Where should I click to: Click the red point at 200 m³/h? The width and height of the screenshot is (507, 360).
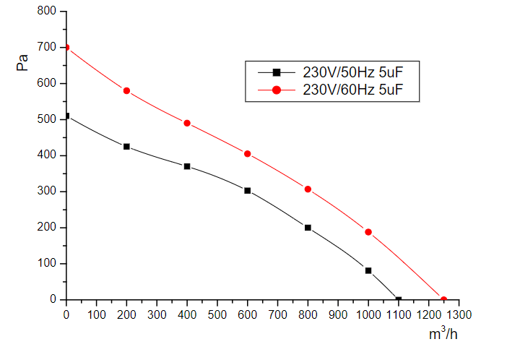pos(126,91)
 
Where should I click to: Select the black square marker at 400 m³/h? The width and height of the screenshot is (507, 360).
pos(187,166)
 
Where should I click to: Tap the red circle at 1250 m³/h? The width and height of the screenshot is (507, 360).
pos(443,299)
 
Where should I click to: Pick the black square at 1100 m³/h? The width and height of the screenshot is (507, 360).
pos(398,299)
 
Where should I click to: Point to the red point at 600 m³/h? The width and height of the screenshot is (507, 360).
pos(247,154)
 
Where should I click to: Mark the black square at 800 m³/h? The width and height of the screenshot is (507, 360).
pos(308,228)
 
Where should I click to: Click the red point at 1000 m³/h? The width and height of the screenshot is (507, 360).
pos(368,232)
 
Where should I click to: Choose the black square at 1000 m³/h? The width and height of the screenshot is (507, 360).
pos(368,270)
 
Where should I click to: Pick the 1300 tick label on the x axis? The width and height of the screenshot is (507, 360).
pos(459,314)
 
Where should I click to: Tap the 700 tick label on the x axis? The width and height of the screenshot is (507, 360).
pos(277,314)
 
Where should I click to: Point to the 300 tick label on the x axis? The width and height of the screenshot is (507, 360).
pos(157,314)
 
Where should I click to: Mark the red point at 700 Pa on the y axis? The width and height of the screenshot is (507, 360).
pos(66,48)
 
